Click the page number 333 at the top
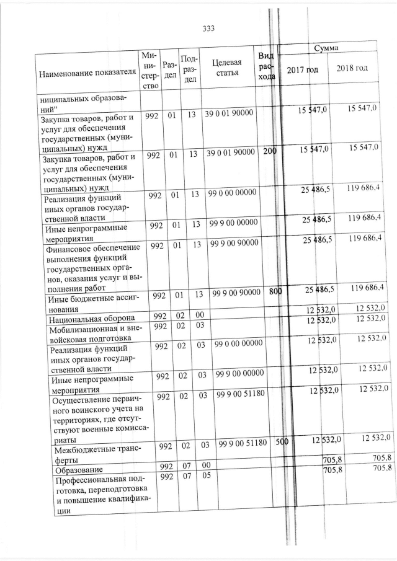(x=208, y=27)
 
